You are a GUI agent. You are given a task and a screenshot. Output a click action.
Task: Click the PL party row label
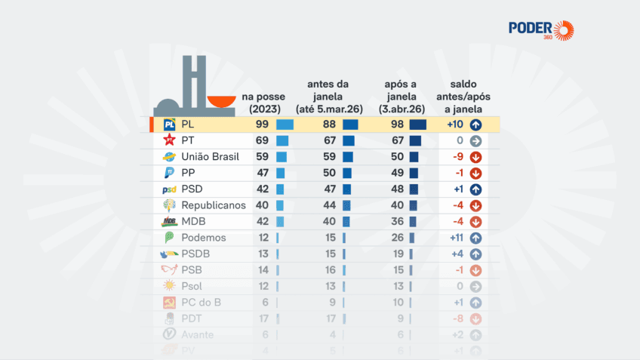coord(188,125)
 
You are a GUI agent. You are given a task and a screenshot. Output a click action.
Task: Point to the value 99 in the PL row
coord(263,125)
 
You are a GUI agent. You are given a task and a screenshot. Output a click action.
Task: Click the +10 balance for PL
coord(454,125)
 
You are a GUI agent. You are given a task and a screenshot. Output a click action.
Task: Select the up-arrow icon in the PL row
coord(475,125)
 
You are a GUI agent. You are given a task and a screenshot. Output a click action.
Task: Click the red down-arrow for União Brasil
coord(475,157)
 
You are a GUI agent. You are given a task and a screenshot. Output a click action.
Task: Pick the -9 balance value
coord(456,157)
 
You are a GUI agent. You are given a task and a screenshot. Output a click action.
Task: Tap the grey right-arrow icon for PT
coord(475,141)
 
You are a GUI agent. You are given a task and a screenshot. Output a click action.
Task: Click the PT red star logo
coord(170,141)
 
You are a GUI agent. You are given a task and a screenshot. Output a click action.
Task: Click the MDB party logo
coord(170,221)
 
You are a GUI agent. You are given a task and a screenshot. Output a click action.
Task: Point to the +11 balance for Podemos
coord(454,238)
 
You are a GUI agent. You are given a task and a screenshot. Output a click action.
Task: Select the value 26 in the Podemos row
coord(395,238)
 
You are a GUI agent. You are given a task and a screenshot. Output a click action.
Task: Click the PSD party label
coord(192,189)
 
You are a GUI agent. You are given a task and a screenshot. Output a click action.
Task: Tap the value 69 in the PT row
coord(263,141)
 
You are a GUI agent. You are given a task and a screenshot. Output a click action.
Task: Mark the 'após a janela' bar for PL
coord(418,125)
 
